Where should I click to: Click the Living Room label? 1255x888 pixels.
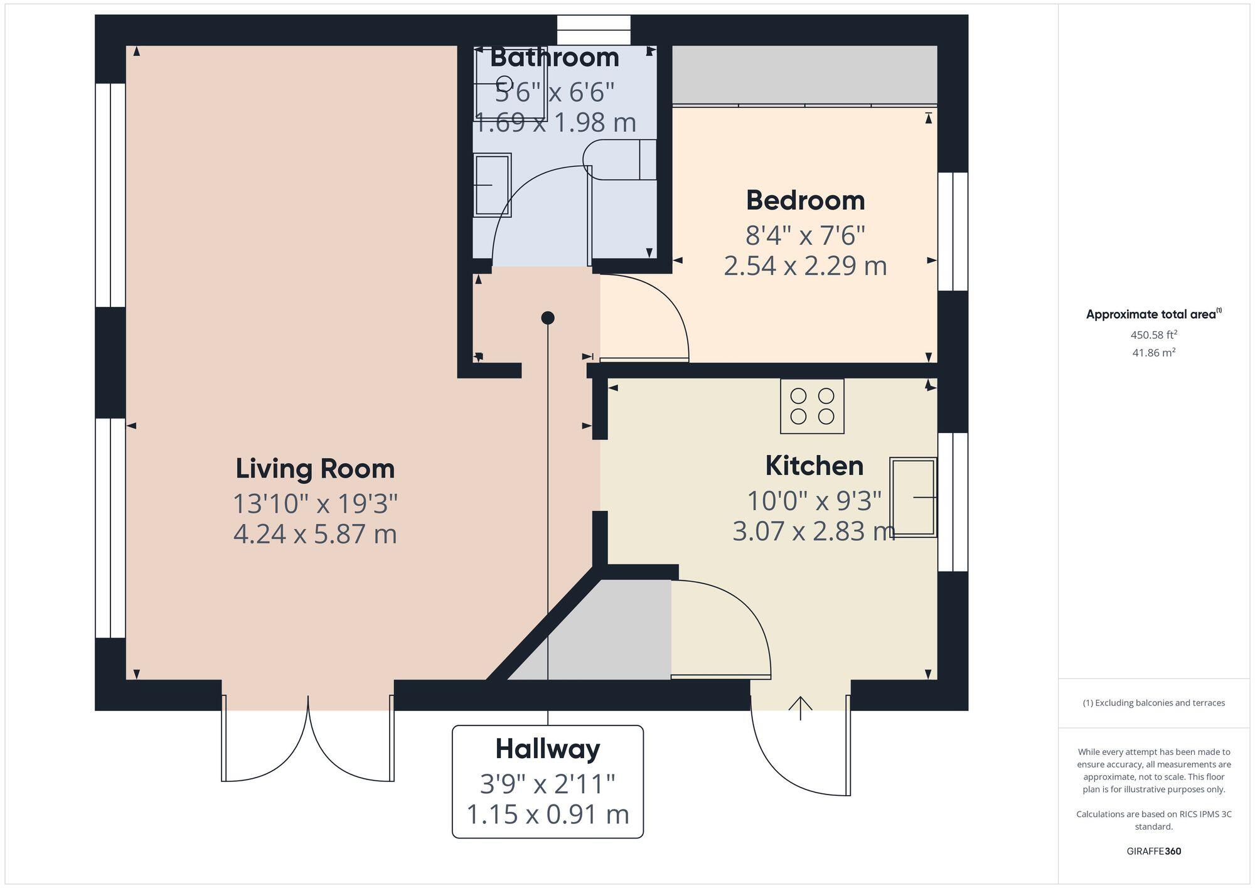coord(315,469)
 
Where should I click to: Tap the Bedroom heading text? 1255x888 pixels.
coord(805,201)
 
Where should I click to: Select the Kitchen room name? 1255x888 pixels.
coord(814,466)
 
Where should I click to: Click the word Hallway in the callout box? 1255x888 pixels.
coord(548,749)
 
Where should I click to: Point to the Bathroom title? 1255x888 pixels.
coord(554,58)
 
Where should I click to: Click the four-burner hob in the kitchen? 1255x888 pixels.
coord(812,406)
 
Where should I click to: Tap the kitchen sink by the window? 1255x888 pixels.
coord(913,497)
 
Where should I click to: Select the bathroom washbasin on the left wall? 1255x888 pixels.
coord(492,185)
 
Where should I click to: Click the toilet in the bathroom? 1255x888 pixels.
coord(618,160)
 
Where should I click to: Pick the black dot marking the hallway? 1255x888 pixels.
coord(548,318)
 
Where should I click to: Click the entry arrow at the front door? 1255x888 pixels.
coord(800,708)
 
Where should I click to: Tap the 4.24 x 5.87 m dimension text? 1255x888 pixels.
coord(315,535)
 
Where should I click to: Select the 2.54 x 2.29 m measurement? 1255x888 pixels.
coord(805,266)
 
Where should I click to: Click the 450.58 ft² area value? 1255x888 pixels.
coord(1153,335)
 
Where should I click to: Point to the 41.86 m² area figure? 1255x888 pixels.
coord(1153,353)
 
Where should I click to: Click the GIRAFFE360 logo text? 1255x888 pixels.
coord(1153,852)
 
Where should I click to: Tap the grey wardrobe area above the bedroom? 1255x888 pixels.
coord(804,74)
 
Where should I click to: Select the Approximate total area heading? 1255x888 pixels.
coord(1153,314)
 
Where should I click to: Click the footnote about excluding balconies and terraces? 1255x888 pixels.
coord(1153,703)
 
